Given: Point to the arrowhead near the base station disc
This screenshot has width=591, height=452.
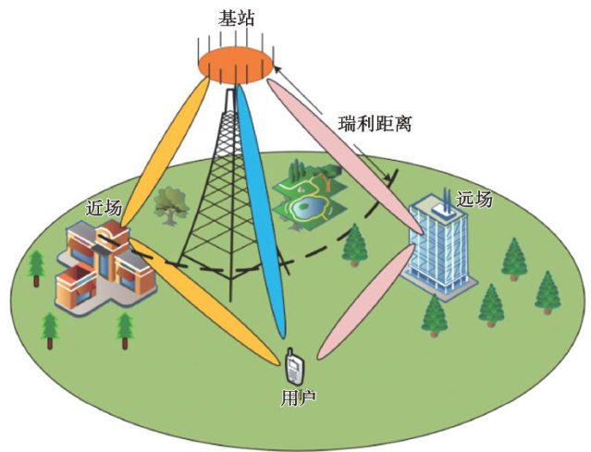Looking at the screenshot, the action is click(277, 67).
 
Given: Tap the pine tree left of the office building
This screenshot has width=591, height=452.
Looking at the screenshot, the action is click(355, 242).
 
